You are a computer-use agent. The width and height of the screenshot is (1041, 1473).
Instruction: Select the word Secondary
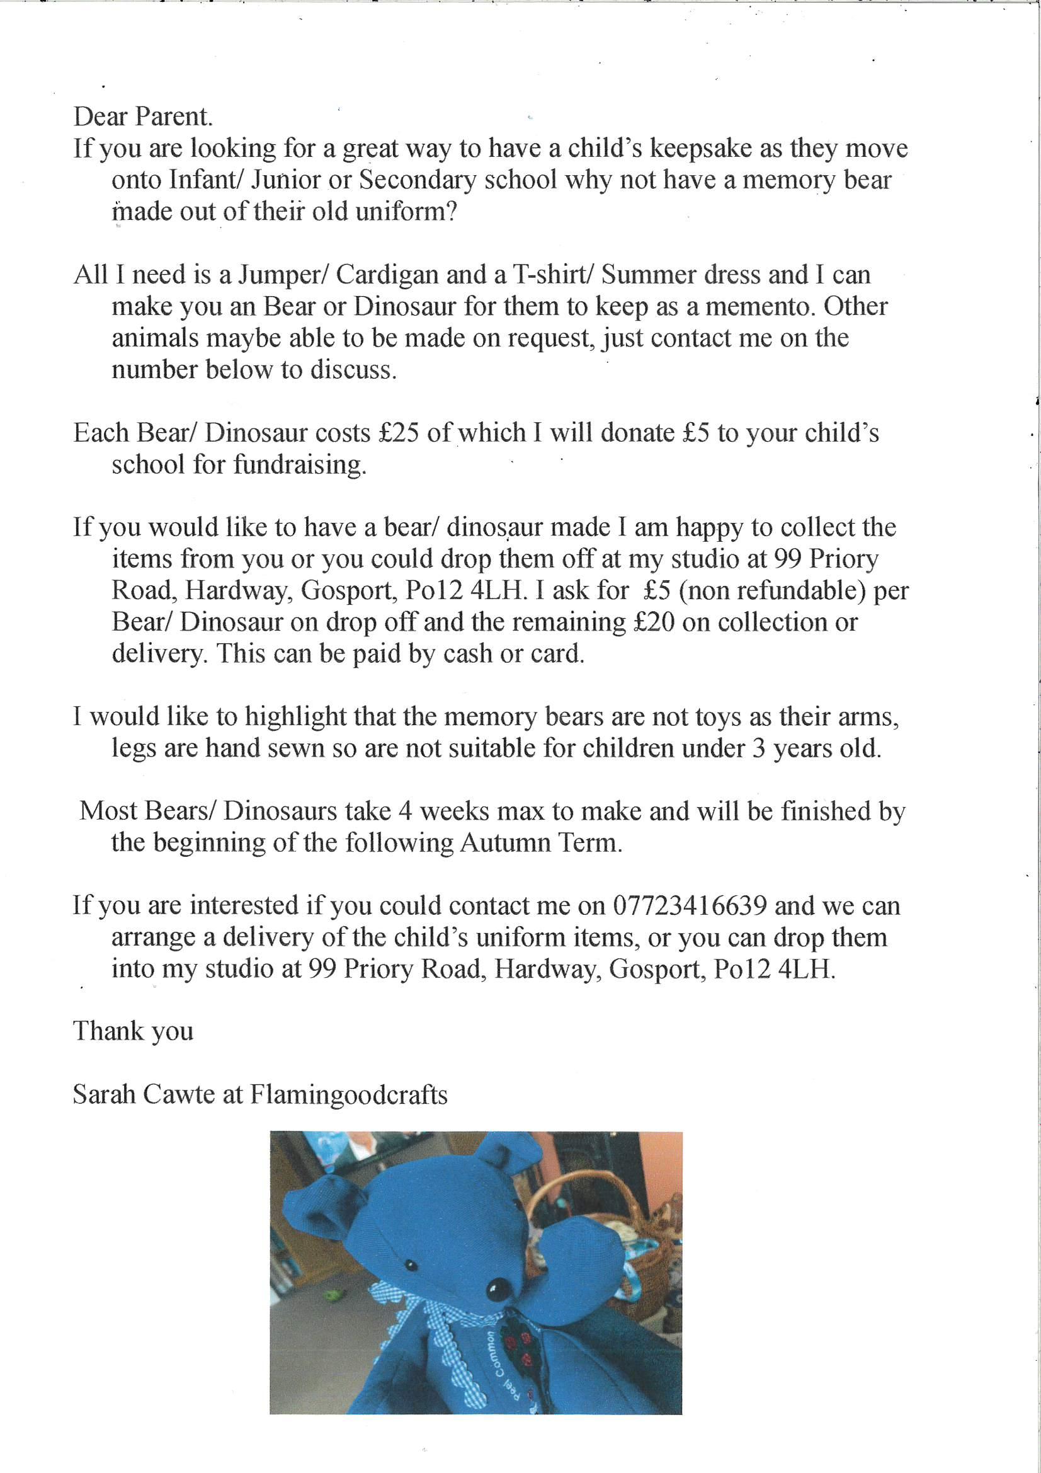point(418,180)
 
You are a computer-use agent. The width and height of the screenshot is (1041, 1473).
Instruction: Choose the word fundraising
point(300,464)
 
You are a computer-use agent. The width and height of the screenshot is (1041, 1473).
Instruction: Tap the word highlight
point(296,716)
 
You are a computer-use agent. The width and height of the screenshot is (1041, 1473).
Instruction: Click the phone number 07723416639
point(690,905)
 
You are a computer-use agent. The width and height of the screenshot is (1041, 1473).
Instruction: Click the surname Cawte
point(179,1094)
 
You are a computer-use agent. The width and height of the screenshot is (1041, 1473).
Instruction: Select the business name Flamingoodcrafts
point(348,1094)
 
